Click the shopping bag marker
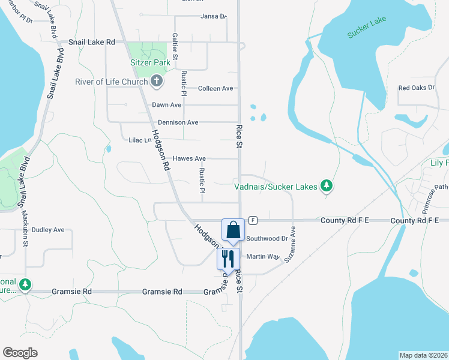tap(233, 230)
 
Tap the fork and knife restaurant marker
tap(228, 259)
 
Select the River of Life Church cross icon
tap(157, 82)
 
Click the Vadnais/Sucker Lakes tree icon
tap(326, 187)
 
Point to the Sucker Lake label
tap(366, 28)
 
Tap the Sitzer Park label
tap(148, 62)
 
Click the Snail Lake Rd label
tap(91, 42)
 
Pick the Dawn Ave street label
tap(166, 105)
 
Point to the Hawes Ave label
tap(189, 158)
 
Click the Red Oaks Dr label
tap(416, 88)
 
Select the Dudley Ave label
tap(47, 229)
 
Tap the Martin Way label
tap(263, 257)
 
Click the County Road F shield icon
tap(253, 220)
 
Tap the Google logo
tap(20, 353)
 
